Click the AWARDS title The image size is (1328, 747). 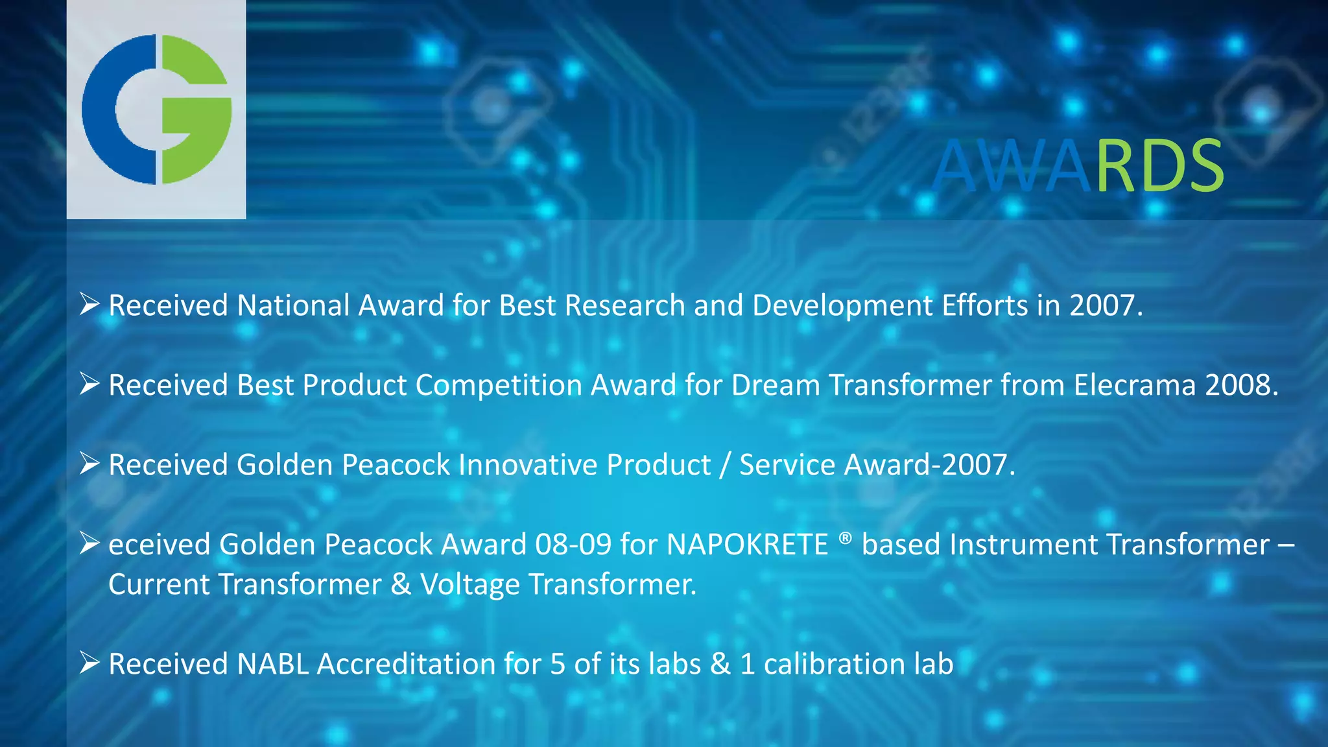[1078, 167]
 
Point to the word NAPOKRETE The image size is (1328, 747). [747, 545]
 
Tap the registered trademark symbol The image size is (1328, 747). [844, 538]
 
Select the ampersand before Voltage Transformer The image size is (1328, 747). [401, 584]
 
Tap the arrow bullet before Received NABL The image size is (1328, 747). [89, 663]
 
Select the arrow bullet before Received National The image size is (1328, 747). [89, 304]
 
